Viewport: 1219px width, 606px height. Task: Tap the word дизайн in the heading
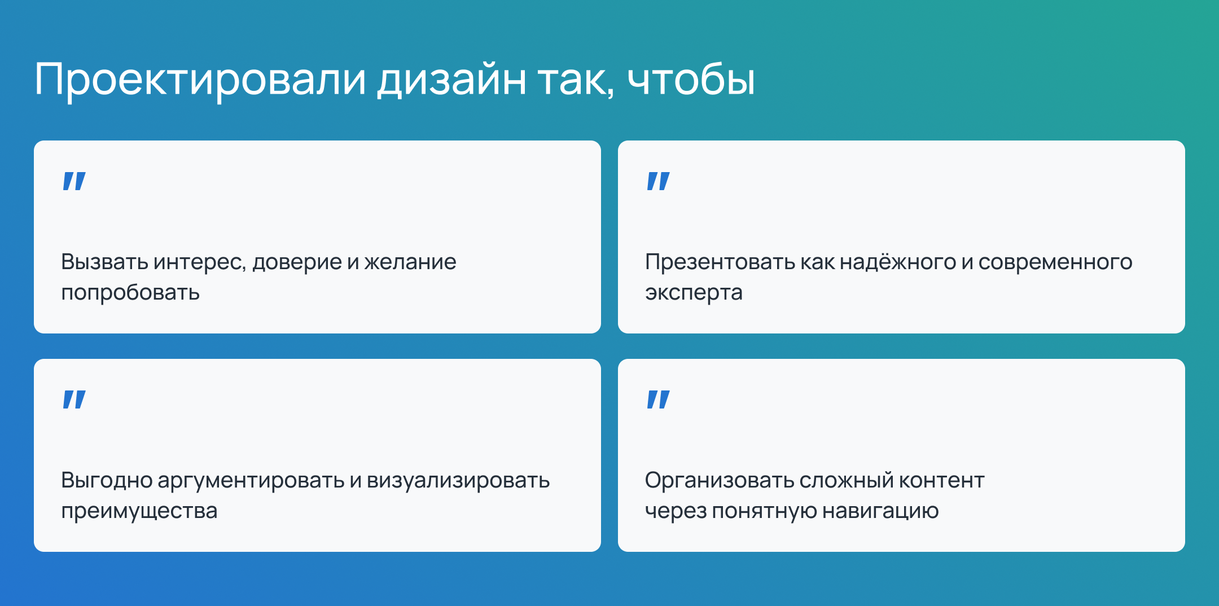tap(451, 80)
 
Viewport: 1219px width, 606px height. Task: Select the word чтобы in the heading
tap(691, 80)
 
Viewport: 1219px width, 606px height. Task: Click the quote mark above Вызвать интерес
tap(74, 181)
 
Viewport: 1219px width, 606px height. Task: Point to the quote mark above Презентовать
tap(658, 181)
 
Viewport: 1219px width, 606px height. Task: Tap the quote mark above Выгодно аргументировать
tap(74, 399)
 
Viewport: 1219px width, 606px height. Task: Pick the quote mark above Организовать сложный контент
tap(658, 399)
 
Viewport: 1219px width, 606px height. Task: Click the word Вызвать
tap(104, 262)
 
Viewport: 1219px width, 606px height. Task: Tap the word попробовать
tap(130, 293)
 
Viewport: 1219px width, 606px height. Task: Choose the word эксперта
tap(694, 293)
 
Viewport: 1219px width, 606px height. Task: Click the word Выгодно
tap(106, 481)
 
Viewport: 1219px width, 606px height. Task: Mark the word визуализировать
tap(458, 481)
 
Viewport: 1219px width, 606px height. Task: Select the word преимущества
tap(139, 511)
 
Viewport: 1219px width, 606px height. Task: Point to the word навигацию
tap(880, 511)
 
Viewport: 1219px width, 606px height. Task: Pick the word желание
tap(410, 262)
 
